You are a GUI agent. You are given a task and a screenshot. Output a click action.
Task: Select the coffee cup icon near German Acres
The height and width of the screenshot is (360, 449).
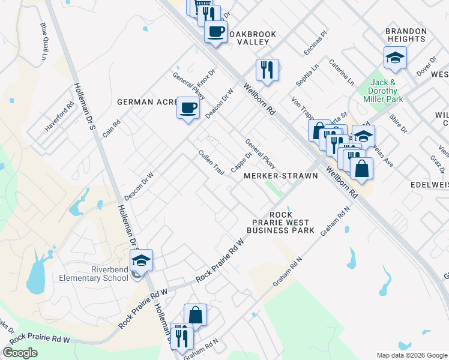(x=188, y=108)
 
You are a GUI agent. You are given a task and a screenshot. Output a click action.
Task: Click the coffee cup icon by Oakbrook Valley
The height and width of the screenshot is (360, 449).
(x=215, y=31)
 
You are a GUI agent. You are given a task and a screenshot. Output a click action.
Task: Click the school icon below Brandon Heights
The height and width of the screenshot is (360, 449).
(x=395, y=58)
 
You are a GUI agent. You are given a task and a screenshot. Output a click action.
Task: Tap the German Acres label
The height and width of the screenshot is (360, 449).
(x=146, y=102)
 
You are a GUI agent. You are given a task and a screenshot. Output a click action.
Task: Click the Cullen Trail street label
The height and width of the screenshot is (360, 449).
(x=211, y=162)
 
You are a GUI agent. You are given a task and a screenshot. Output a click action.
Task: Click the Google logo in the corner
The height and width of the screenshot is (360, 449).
(x=20, y=353)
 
